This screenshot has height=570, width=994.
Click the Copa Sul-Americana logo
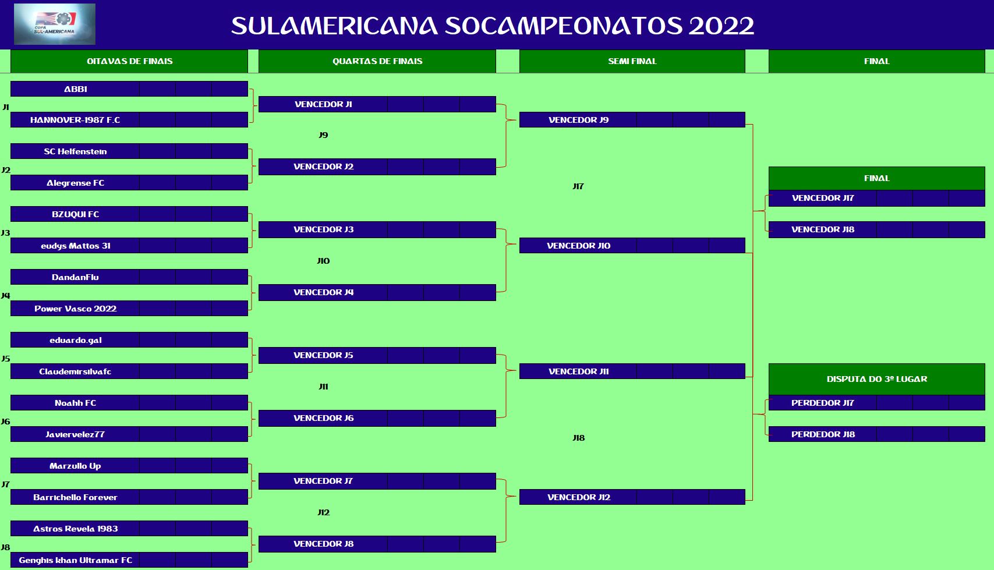(55, 24)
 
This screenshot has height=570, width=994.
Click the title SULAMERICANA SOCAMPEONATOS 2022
(493, 26)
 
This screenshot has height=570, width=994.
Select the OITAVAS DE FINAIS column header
(129, 61)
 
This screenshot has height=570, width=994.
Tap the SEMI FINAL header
(632, 61)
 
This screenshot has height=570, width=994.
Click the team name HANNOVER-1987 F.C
(75, 120)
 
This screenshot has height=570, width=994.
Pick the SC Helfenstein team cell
(75, 151)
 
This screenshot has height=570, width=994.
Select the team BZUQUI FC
(75, 214)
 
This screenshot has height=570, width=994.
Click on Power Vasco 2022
(75, 309)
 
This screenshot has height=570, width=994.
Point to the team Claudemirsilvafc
(75, 371)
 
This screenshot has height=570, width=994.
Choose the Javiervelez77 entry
(75, 434)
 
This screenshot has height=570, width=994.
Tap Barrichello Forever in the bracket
(75, 497)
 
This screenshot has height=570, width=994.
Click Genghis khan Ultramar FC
(75, 560)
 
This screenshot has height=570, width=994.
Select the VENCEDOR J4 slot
(323, 292)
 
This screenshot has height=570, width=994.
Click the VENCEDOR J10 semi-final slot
(578, 246)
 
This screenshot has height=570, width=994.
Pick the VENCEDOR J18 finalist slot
(822, 229)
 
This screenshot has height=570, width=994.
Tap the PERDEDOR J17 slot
(822, 403)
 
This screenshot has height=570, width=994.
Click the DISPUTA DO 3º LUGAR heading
(876, 379)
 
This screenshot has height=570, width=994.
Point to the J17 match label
(578, 186)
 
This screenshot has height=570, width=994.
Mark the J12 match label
(323, 512)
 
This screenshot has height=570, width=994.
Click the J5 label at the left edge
(5, 359)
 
